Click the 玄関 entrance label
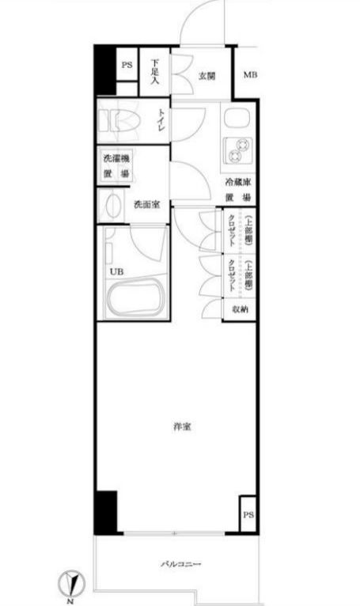coord(207,76)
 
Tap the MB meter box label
coord(249,75)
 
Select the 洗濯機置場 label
coord(116,166)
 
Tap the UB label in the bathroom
coord(116,273)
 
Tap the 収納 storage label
coord(240,309)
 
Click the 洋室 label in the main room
coord(182,427)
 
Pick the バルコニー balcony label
coord(181,565)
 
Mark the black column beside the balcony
coord(105,513)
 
